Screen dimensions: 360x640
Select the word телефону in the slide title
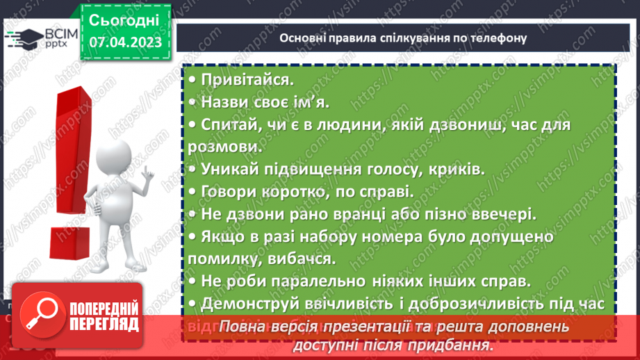tap(494, 38)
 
